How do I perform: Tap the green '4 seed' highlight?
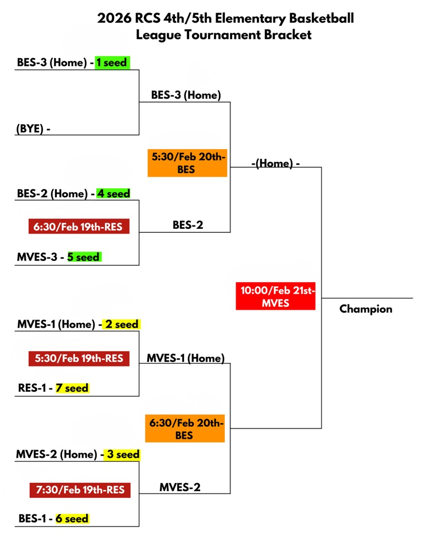coord(114,193)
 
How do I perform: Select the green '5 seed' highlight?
coord(84,257)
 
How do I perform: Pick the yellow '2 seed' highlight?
coord(121,324)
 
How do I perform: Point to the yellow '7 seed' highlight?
coord(72,388)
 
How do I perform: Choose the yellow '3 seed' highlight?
coord(122,454)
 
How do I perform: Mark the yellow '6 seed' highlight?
coord(72,519)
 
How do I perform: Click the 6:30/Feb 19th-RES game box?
coord(78,227)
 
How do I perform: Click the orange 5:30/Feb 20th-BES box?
coord(187,162)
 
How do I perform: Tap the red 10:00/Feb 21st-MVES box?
coord(276,296)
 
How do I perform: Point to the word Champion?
coord(366,309)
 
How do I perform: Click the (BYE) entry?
coord(30,128)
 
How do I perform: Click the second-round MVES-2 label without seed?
coord(180,488)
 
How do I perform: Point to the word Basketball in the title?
coord(320,18)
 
